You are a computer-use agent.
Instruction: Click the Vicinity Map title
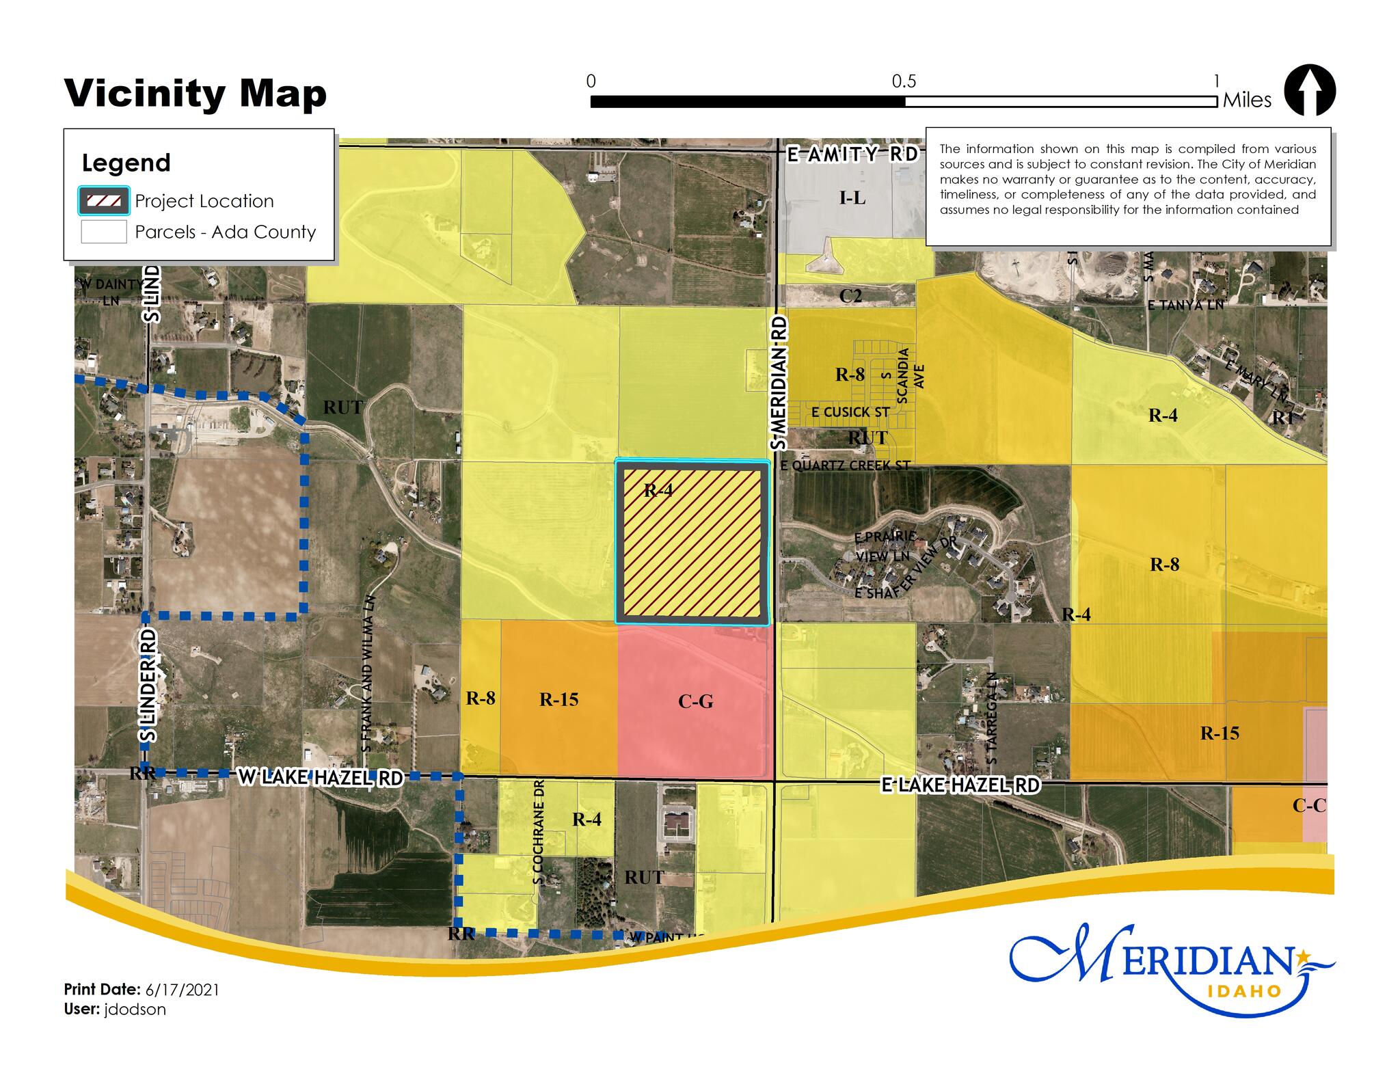(x=196, y=94)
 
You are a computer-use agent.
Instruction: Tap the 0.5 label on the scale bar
(x=903, y=82)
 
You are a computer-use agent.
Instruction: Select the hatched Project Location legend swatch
(x=104, y=201)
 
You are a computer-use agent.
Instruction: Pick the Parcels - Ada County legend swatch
(x=104, y=232)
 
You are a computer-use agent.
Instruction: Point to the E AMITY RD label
(x=852, y=154)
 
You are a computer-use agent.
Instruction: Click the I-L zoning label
(x=852, y=198)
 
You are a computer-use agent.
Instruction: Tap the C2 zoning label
(x=850, y=296)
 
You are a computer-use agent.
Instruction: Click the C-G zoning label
(x=695, y=701)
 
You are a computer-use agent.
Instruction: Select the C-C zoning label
(x=1308, y=806)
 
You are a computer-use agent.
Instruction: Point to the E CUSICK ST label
(x=850, y=412)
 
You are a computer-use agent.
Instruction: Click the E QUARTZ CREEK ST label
(x=846, y=465)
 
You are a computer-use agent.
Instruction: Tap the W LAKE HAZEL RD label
(x=320, y=777)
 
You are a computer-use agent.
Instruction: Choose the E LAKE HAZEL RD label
(x=960, y=785)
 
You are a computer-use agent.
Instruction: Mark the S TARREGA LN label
(x=993, y=718)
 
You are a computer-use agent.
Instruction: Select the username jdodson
(x=135, y=1009)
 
